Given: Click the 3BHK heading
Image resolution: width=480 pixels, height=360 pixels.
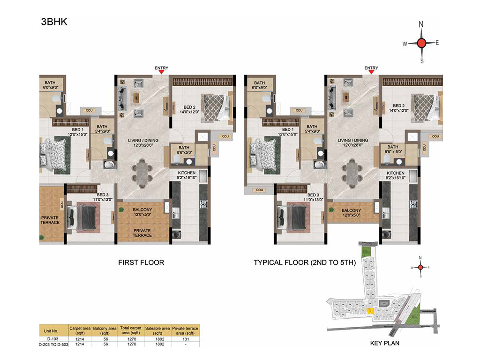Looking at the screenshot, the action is (x=54, y=22).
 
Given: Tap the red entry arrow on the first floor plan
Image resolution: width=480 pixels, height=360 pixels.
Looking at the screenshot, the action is (x=161, y=72).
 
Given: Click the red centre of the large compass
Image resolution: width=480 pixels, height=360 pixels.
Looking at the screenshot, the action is (x=421, y=43).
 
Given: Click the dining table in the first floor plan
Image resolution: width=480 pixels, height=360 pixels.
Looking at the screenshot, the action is (x=142, y=173).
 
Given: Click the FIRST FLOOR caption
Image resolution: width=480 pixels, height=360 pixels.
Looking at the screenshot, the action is (x=141, y=262).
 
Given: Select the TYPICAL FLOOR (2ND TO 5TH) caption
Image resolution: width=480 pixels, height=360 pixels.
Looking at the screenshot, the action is (x=305, y=262).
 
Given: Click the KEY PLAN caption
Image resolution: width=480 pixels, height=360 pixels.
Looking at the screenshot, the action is (x=385, y=343).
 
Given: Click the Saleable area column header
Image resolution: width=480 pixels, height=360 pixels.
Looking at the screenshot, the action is (x=157, y=330).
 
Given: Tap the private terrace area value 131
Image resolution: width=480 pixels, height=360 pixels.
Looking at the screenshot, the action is (x=186, y=339).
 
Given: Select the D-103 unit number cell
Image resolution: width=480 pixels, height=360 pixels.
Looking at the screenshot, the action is (x=52, y=339).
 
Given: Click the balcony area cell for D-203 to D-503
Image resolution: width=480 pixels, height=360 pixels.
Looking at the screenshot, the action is (x=105, y=344).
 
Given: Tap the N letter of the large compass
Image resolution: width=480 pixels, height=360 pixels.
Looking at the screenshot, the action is (x=421, y=24).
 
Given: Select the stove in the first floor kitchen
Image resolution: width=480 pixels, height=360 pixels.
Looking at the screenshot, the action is (x=203, y=204).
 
